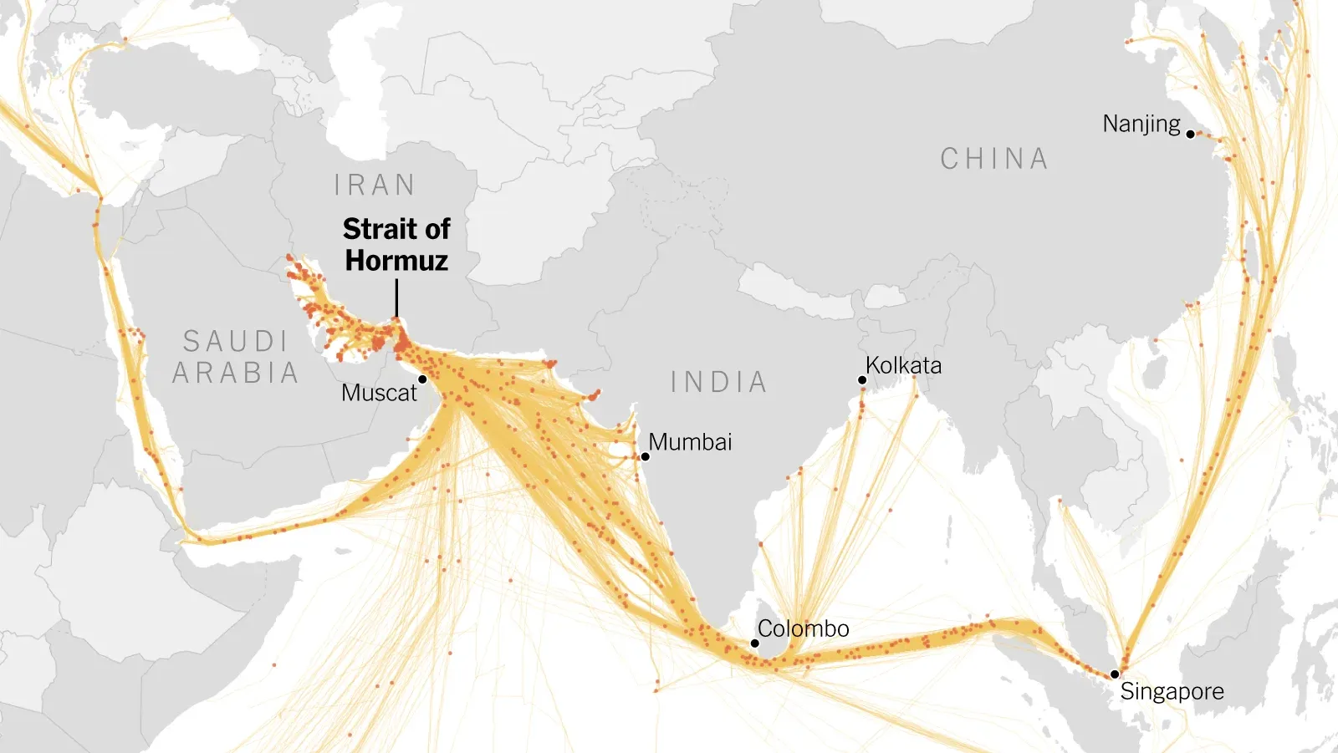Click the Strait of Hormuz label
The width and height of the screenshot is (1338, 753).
pyautogui.click(x=396, y=245)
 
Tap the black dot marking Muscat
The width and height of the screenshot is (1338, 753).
pyautogui.click(x=422, y=379)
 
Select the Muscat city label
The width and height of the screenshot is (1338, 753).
pyautogui.click(x=379, y=393)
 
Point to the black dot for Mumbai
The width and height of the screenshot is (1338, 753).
pyautogui.click(x=645, y=456)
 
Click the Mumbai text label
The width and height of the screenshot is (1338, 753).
pyautogui.click(x=690, y=442)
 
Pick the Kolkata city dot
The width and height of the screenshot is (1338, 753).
pyautogui.click(x=862, y=380)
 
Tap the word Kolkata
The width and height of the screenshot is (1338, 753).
pyautogui.click(x=903, y=366)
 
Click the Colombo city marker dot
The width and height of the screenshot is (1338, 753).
pyautogui.click(x=754, y=644)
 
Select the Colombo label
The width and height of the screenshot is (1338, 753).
pyautogui.click(x=803, y=628)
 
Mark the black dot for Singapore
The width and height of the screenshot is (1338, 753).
pyautogui.click(x=1115, y=674)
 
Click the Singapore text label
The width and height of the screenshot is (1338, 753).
pyautogui.click(x=1172, y=692)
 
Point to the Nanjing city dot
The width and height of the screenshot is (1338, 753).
pyautogui.click(x=1190, y=134)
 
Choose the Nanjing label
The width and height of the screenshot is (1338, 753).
pyautogui.click(x=1141, y=125)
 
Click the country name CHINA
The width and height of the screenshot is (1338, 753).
pyautogui.click(x=994, y=159)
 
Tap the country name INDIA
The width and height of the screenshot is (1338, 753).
pyautogui.click(x=718, y=382)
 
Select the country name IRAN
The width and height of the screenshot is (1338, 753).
pyautogui.click(x=375, y=185)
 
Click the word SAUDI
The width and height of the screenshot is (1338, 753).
pyautogui.click(x=236, y=341)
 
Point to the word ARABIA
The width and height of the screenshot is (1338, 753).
pyautogui.click(x=236, y=373)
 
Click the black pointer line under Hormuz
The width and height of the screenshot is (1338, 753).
pyautogui.click(x=396, y=298)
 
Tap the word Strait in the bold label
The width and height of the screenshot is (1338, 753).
pyautogui.click(x=379, y=229)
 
